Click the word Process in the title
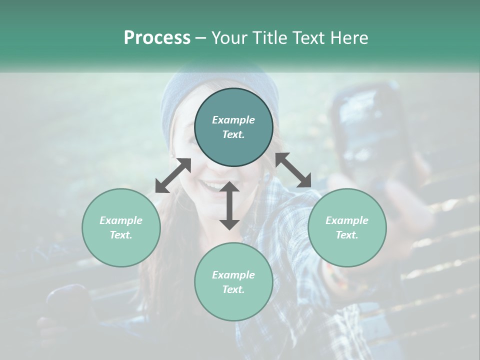tap(157, 38)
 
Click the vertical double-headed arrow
tap(229, 205)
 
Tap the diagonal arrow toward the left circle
tap(173, 175)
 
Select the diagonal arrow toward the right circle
tap(293, 170)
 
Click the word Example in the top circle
tap(233, 120)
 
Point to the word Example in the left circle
tap(121, 220)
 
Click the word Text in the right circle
tap(347, 235)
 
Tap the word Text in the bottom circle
tap(233, 289)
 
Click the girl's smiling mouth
tap(212, 186)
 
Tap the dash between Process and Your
tap(201, 38)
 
